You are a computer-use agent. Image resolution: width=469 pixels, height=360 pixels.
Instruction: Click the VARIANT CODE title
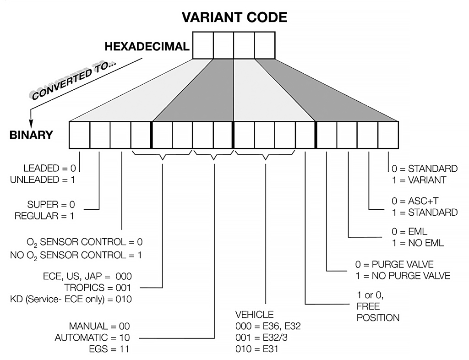click(234, 17)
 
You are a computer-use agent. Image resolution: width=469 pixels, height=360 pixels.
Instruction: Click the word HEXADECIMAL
click(147, 46)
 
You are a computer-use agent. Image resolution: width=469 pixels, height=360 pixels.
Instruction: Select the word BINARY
click(31, 135)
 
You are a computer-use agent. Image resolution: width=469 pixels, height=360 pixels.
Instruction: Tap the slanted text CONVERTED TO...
click(73, 80)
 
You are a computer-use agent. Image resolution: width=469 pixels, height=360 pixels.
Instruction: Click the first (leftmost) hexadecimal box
click(202, 45)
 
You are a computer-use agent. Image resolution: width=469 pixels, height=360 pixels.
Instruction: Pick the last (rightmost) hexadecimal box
click(265, 45)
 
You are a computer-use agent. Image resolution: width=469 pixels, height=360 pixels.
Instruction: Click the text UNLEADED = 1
click(42, 180)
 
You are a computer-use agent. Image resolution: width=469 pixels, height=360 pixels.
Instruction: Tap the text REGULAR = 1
click(44, 215)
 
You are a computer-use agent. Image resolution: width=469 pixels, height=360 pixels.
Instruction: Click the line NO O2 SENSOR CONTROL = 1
click(76, 255)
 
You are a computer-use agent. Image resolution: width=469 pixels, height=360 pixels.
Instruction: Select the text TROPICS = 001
click(98, 288)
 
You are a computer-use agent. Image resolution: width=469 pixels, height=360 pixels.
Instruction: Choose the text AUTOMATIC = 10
click(92, 338)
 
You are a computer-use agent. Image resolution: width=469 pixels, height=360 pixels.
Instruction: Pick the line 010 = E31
click(257, 349)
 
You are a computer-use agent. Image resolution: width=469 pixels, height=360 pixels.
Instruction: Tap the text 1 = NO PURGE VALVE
click(403, 276)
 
